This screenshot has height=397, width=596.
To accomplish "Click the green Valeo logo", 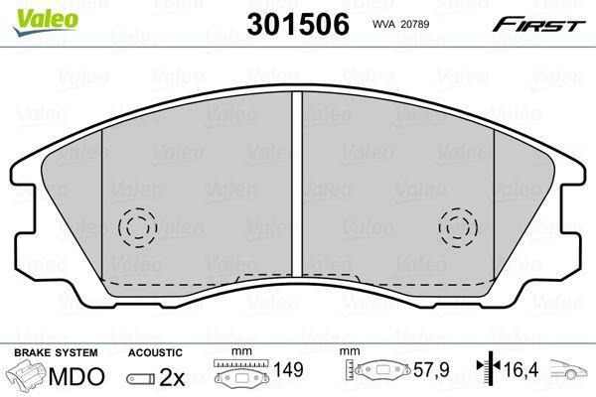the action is click(x=46, y=22).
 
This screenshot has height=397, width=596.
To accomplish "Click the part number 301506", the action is click(x=298, y=24).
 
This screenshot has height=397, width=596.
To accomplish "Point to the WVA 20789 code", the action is click(x=400, y=24).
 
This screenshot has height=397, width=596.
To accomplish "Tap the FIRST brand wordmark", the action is click(x=538, y=25).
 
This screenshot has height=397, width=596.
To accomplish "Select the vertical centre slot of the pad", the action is click(x=297, y=184).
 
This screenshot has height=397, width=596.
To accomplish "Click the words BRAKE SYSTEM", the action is click(x=56, y=352).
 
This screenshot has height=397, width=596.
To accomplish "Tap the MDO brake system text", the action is click(x=76, y=376).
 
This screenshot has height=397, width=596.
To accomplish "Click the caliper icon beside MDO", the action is click(x=27, y=375).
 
